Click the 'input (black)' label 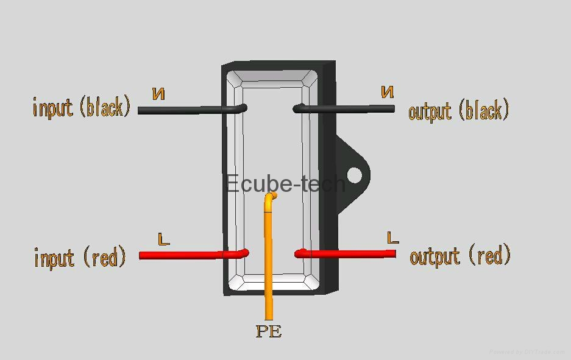[x=82, y=107]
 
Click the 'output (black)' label [x=458, y=111]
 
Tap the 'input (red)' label [x=80, y=257]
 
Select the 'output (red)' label [x=460, y=256]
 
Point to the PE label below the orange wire [x=269, y=332]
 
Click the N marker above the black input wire [x=158, y=94]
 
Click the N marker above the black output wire [x=388, y=92]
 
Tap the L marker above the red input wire [x=163, y=239]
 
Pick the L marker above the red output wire [x=392, y=238]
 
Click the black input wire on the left [x=183, y=110]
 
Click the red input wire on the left [x=183, y=255]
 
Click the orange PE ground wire [x=268, y=262]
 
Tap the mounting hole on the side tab [x=354, y=176]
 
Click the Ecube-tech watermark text [x=285, y=183]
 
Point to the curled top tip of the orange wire [x=272, y=196]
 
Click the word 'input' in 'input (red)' [x=54, y=258]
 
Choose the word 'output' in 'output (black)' [x=430, y=112]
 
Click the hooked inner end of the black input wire [x=243, y=108]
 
